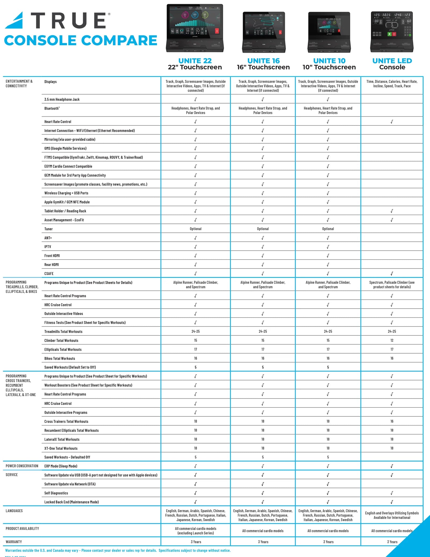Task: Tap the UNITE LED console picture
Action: [x=392, y=32]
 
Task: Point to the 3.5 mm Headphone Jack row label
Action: [x=62, y=100]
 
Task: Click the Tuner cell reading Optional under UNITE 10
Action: [x=328, y=229]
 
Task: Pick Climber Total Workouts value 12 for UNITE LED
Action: [x=392, y=341]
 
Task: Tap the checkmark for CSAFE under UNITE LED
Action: [x=392, y=274]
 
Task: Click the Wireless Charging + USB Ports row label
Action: [x=66, y=193]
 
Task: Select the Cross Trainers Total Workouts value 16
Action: [x=392, y=421]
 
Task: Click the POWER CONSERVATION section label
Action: [x=22, y=466]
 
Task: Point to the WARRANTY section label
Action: [x=14, y=542]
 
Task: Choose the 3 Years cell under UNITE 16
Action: [x=263, y=542]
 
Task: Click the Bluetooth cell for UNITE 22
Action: [x=196, y=110]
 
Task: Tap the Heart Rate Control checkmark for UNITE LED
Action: [x=392, y=122]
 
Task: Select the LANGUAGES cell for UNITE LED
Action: [x=392, y=515]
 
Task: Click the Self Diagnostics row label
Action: [x=56, y=493]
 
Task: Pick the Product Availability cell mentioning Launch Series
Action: [x=196, y=531]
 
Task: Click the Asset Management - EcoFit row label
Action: [x=64, y=220]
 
